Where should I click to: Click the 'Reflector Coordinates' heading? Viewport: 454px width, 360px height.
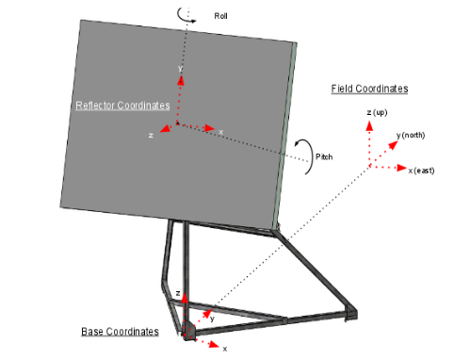122,106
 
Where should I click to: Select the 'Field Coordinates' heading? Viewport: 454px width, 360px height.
369,89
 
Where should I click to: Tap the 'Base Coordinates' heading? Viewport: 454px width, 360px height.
120,332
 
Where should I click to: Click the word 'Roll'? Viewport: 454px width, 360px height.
220,16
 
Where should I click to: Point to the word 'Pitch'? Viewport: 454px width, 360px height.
324,156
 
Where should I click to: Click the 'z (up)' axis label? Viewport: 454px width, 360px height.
377,112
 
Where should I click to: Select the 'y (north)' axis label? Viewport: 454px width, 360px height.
411,136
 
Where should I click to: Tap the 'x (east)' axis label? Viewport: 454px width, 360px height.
421,171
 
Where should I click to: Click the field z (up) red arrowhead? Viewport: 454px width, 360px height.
370,126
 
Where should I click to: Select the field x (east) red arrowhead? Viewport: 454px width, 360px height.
401,168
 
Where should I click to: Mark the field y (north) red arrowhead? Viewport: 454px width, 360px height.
393,145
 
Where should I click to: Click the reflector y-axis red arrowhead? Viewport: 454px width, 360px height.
181,80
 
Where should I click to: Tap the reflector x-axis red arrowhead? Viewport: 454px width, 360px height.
209,128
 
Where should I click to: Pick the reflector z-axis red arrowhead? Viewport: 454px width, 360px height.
165,128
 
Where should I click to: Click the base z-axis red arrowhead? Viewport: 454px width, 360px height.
185,299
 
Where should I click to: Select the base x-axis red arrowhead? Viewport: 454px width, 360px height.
214,344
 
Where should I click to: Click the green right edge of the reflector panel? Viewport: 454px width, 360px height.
284,135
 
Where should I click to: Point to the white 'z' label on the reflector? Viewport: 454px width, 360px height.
151,136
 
